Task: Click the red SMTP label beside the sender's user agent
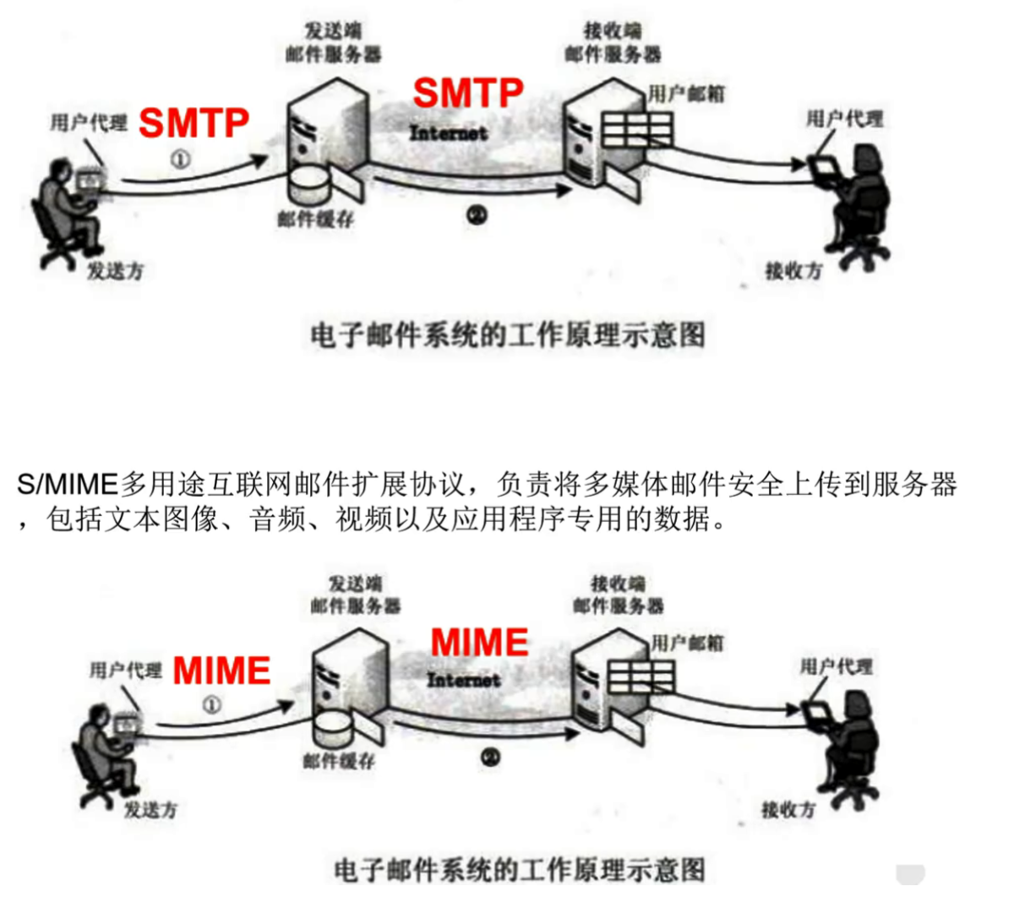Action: pos(194,123)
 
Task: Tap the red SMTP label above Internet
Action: pos(468,92)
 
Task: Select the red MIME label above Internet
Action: pos(479,643)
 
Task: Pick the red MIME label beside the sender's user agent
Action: pos(221,671)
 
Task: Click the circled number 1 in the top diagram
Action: pos(181,159)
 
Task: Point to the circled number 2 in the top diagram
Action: pos(477,216)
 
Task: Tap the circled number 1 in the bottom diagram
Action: pos(211,704)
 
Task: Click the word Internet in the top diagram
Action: pos(449,133)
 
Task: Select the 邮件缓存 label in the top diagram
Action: pos(315,220)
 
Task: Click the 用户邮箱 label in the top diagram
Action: pos(686,94)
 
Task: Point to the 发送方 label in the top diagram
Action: pos(116,271)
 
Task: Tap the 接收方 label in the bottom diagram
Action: pos(788,810)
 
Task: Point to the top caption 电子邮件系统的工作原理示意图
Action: pos(507,335)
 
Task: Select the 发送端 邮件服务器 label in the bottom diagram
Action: pos(355,594)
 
